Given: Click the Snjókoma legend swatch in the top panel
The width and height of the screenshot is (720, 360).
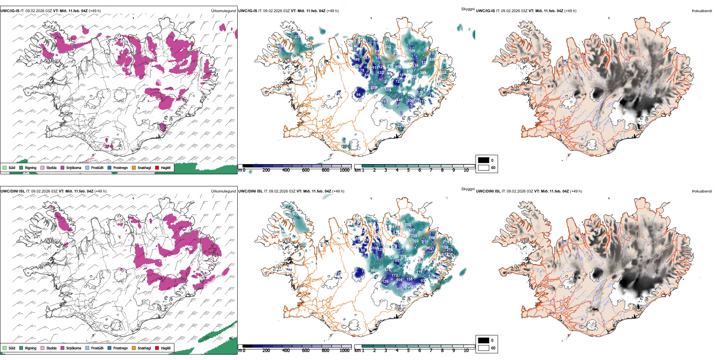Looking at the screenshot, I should (x=63, y=167).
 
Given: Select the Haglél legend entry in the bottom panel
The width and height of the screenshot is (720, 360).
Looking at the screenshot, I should (x=166, y=348).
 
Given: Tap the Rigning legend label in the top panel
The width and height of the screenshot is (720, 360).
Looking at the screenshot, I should (x=31, y=167).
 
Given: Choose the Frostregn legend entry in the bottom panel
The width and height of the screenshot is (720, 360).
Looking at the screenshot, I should (x=121, y=348).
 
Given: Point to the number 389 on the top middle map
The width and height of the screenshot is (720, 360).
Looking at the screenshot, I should (x=423, y=73).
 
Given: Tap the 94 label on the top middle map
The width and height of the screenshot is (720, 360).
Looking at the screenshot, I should (x=358, y=95).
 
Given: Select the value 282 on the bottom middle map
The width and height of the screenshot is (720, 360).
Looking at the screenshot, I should (x=408, y=225).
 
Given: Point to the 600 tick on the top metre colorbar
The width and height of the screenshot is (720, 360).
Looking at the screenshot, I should (x=306, y=170).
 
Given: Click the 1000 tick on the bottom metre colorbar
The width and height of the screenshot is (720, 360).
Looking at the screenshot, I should (x=344, y=351).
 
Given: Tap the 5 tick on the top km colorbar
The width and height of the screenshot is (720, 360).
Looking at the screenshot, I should (x=409, y=170).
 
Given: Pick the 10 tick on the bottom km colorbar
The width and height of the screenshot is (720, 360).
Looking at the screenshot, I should (x=466, y=351).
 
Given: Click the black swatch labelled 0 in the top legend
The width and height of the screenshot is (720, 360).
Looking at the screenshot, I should (x=484, y=160).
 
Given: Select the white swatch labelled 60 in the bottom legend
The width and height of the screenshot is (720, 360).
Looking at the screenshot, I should (x=484, y=348).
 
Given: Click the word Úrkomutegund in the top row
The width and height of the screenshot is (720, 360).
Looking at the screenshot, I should (x=223, y=11).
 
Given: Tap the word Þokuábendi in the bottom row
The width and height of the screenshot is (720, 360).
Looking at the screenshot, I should (x=702, y=191).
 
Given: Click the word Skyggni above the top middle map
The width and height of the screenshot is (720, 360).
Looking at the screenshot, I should (x=468, y=9).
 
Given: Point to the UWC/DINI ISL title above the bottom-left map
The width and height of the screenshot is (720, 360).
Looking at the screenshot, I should (x=13, y=191).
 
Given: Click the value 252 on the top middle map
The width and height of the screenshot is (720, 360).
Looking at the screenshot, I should (x=388, y=47).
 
